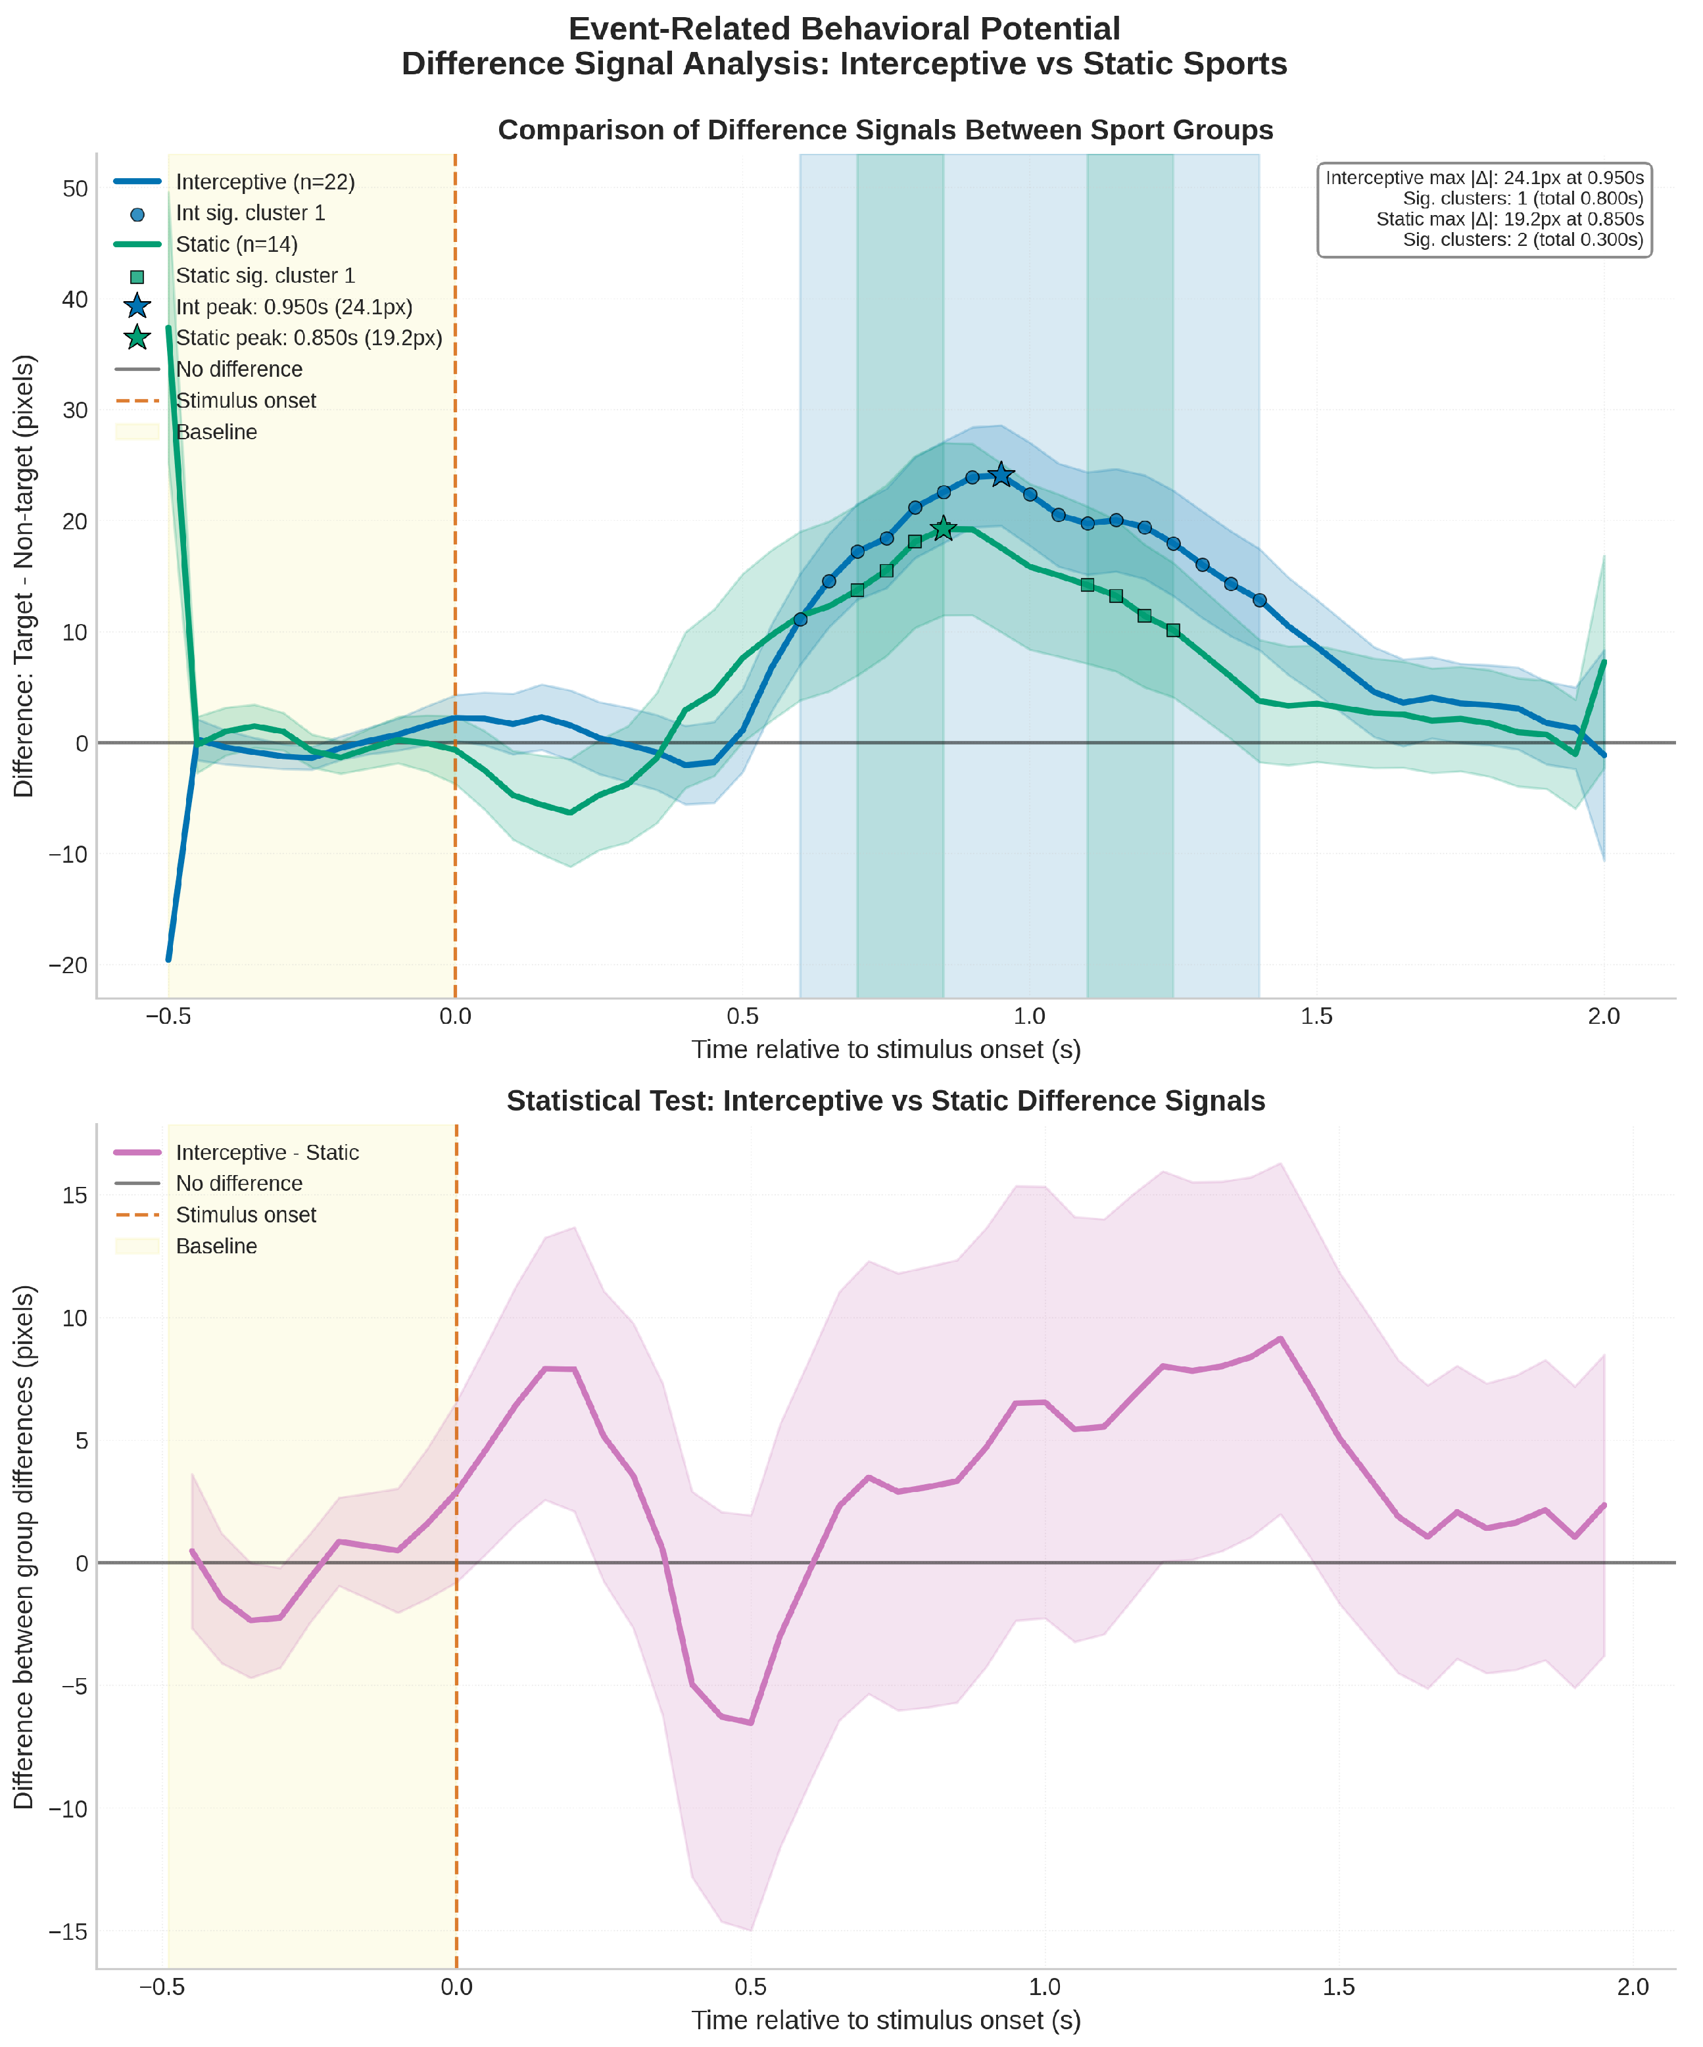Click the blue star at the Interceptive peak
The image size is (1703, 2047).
[x=1001, y=475]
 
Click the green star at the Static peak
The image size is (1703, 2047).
[x=944, y=528]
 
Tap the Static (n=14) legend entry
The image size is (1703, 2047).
[x=237, y=245]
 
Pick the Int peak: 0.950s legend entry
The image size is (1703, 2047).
[x=293, y=307]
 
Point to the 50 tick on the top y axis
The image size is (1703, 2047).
[x=75, y=189]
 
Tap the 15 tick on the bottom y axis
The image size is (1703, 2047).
[x=75, y=1196]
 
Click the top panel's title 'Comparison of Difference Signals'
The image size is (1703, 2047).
[x=885, y=131]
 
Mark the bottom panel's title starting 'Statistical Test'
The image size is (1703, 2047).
[x=885, y=1101]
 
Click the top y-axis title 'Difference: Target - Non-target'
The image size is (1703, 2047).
[x=24, y=575]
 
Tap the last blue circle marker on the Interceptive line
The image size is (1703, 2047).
[x=1259, y=600]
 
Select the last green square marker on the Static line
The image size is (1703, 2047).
[x=1172, y=631]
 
